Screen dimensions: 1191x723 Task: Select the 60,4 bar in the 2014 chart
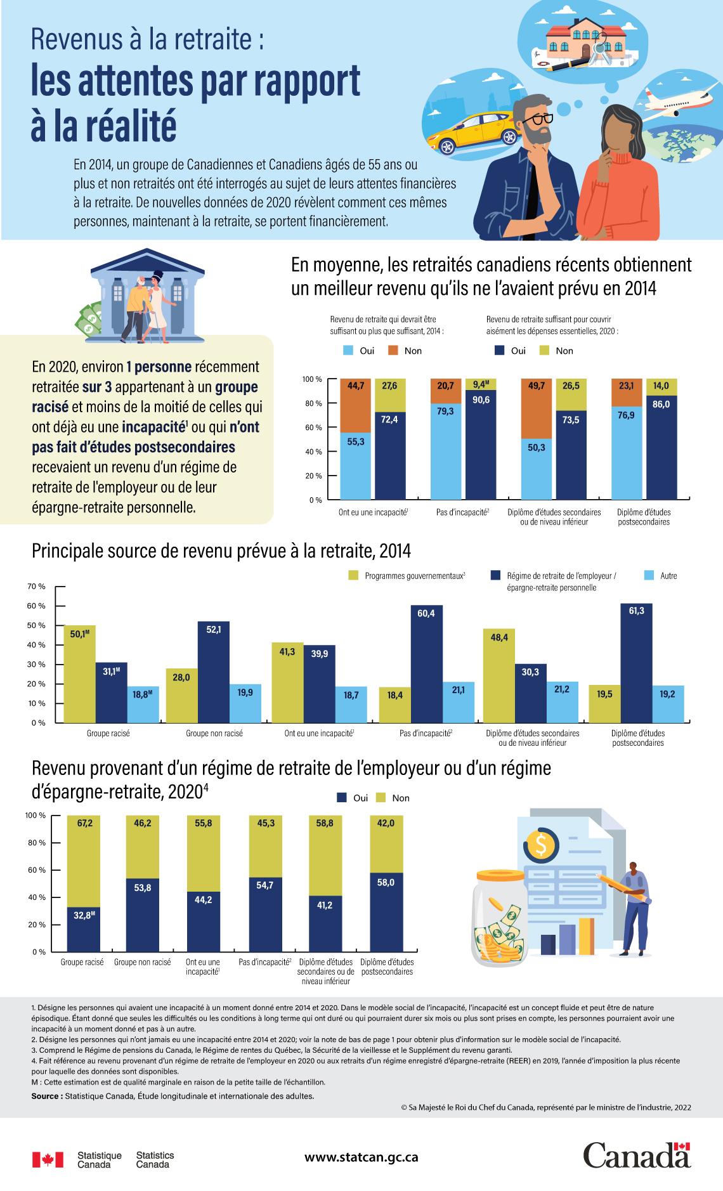click(x=426, y=663)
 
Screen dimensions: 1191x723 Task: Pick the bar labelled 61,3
click(x=636, y=663)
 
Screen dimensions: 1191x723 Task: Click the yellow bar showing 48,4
click(x=498, y=675)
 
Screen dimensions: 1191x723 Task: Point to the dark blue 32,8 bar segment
click(x=84, y=929)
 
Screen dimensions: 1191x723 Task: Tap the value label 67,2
click(x=84, y=823)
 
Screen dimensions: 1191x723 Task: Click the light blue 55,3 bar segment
click(x=355, y=466)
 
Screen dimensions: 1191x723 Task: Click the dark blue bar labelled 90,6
click(x=481, y=444)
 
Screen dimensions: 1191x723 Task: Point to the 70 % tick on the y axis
click(x=36, y=587)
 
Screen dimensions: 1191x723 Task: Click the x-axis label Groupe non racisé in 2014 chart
click(x=214, y=734)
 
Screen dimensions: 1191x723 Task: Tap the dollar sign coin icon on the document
click(x=541, y=845)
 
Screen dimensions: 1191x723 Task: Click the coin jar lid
click(x=501, y=876)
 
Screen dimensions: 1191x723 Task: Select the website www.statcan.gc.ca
click(x=361, y=1157)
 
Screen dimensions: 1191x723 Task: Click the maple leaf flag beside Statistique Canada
click(x=48, y=1160)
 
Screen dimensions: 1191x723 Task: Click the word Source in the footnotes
click(x=46, y=1096)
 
